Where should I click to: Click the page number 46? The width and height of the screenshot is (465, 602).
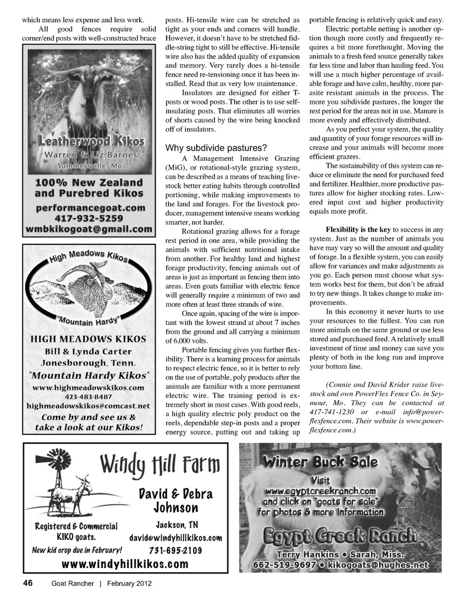[28, 583]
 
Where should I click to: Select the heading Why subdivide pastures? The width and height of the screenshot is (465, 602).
[216, 148]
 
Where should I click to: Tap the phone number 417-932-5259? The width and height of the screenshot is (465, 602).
[90, 218]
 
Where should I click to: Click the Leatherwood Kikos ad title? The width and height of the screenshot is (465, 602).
[91, 142]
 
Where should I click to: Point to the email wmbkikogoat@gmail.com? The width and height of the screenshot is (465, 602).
[90, 229]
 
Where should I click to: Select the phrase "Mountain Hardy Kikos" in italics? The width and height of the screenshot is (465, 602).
[90, 375]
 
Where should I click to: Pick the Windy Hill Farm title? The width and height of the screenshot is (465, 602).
[160, 465]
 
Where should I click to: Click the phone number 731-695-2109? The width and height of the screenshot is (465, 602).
[176, 551]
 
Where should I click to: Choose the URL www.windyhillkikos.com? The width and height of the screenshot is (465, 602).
[125, 564]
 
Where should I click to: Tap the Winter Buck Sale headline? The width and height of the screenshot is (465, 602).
[320, 461]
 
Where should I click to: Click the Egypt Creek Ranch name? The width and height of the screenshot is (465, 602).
[340, 536]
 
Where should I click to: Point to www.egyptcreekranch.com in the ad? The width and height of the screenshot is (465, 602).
[320, 491]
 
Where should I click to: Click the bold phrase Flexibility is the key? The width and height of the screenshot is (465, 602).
[357, 229]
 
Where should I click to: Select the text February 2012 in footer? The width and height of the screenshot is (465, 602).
[129, 583]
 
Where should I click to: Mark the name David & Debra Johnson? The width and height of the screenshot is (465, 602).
[175, 501]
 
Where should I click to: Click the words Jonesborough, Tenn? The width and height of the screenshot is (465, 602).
[88, 363]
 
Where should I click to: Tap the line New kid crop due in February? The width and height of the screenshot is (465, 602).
[77, 550]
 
